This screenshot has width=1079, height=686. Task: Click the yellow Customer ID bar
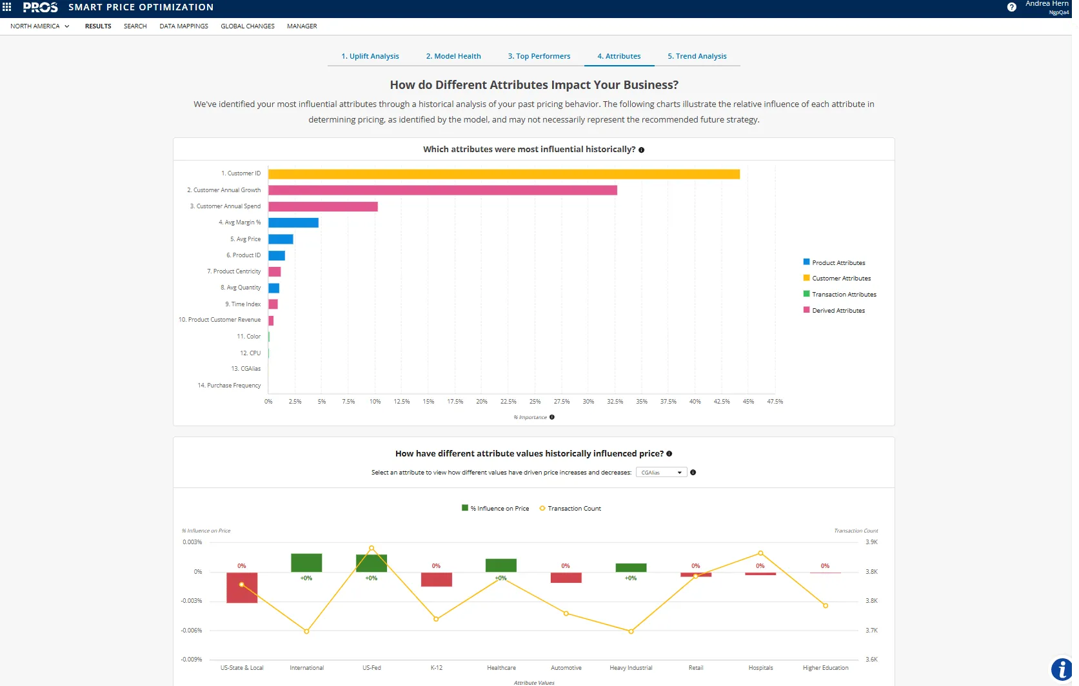(503, 174)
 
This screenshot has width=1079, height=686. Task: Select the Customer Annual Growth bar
(442, 190)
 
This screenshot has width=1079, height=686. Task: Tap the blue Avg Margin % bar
(293, 222)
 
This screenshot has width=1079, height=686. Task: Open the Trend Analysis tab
(697, 56)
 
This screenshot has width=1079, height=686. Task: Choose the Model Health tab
(453, 56)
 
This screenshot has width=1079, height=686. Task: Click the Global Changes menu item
(248, 26)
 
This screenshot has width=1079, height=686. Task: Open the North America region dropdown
(39, 26)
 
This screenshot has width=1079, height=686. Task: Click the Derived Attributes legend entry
(838, 311)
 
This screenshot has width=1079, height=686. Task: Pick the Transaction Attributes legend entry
(844, 295)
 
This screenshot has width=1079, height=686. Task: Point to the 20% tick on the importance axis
(482, 402)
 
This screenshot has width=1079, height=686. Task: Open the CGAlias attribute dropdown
(661, 473)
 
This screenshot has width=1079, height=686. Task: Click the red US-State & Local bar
(242, 587)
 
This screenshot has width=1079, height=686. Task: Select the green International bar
(306, 563)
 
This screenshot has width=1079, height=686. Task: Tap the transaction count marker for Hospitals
(760, 553)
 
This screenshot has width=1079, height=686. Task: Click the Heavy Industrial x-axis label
(631, 668)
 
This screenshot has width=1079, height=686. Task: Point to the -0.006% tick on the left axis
(192, 631)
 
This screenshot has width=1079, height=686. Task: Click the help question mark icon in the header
(1011, 7)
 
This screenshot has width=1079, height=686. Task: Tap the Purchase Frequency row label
(229, 386)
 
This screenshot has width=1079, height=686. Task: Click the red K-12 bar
(436, 580)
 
